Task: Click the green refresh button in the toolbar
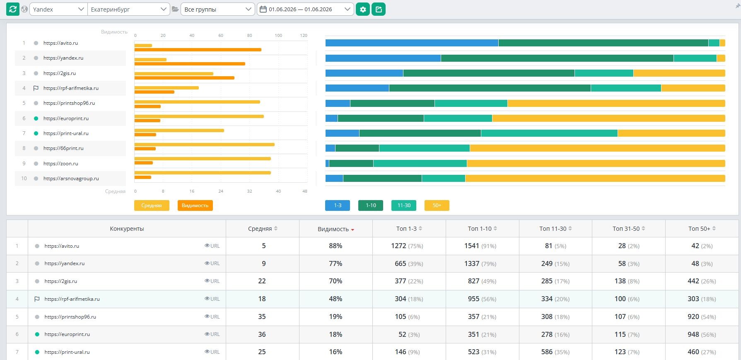coord(13,9)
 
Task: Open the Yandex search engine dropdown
coord(58,9)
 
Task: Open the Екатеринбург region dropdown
coord(129,9)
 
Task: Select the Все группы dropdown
coord(218,9)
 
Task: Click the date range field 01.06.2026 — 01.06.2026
coord(306,9)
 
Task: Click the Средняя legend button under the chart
coord(152,205)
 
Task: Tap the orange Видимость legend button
coord(195,205)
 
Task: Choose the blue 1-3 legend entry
coord(338,205)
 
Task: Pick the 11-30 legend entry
coord(404,205)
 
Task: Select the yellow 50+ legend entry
coord(437,205)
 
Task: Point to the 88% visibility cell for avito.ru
coord(336,246)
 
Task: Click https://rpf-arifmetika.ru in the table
coord(72,299)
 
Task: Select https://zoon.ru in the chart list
coord(61,164)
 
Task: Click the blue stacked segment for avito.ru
coord(412,43)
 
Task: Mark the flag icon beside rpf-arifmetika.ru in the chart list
coord(36,88)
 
